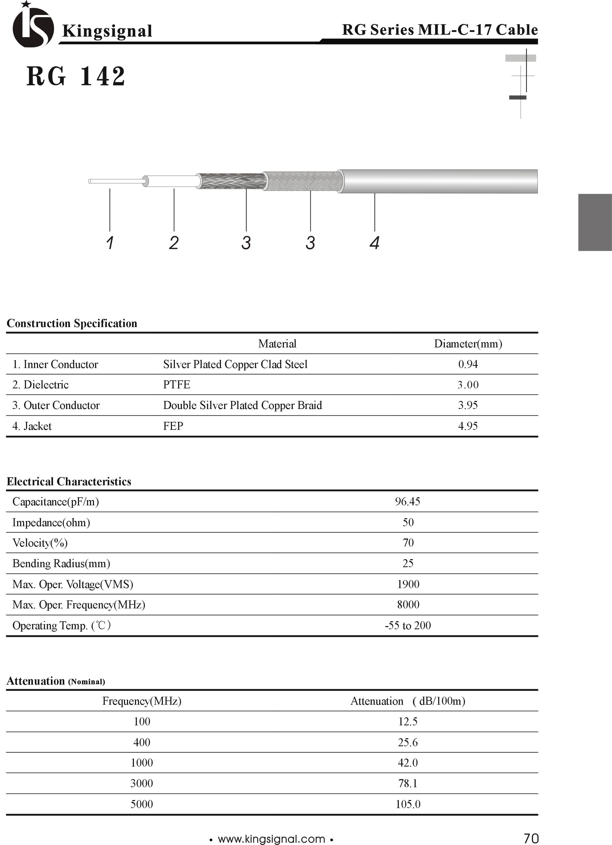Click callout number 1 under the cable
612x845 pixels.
(x=110, y=243)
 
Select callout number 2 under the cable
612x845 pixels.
(x=174, y=243)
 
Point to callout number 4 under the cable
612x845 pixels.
(x=375, y=243)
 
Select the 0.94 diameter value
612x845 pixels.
(x=468, y=364)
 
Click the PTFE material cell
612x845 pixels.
(x=177, y=385)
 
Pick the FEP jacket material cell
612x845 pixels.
(x=173, y=426)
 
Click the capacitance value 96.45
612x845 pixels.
(x=407, y=502)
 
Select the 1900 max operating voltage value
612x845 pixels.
(x=408, y=584)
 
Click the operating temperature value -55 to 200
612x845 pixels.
(x=408, y=625)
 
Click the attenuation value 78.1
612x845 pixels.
(x=408, y=783)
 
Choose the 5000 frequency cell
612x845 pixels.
(x=142, y=804)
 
